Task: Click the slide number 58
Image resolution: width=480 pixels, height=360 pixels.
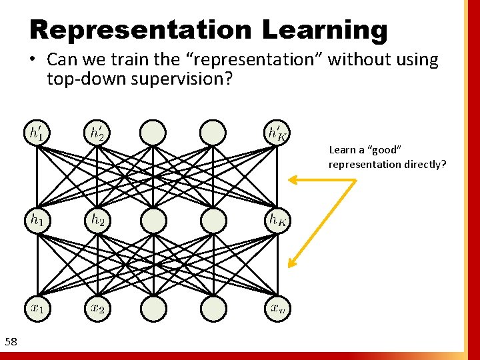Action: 11,342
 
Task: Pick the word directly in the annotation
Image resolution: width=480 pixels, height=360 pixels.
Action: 425,164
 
